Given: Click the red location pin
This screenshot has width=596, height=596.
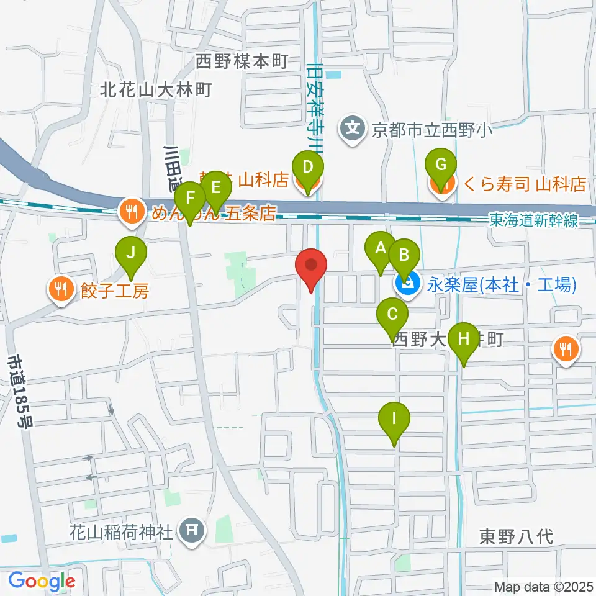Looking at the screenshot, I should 312,267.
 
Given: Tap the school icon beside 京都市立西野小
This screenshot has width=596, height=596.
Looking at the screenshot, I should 353,129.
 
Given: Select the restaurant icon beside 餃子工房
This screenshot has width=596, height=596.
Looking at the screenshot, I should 61,288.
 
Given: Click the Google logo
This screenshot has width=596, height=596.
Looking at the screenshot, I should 42,581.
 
